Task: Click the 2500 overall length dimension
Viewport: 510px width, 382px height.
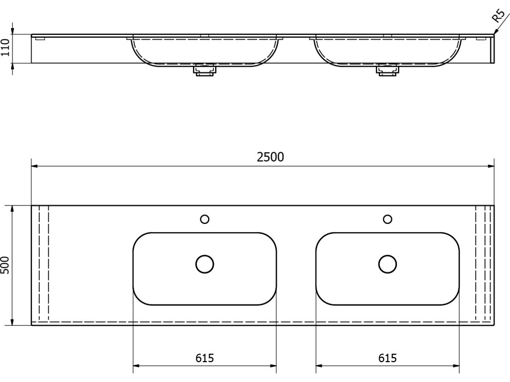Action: (x=270, y=157)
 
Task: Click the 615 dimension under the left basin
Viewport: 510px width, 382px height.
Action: (x=204, y=358)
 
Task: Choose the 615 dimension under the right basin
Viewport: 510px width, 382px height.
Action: (x=387, y=358)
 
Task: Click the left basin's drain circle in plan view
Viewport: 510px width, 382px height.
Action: (x=204, y=264)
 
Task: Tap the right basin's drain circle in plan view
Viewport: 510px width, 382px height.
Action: (x=387, y=264)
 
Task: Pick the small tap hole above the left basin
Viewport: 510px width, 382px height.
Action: (x=204, y=219)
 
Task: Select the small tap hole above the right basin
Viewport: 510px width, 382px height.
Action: (x=387, y=219)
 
